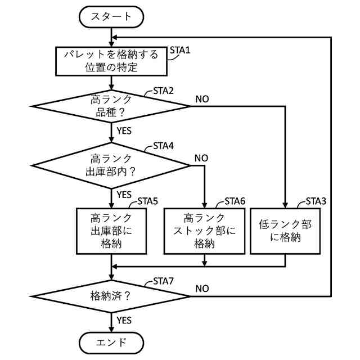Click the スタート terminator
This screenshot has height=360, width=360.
tap(111, 17)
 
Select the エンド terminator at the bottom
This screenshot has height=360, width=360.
tap(111, 343)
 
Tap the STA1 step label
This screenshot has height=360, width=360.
tap(180, 50)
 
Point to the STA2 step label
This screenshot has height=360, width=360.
tap(163, 91)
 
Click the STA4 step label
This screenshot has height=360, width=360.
tap(163, 146)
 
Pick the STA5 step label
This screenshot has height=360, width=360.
tap(147, 201)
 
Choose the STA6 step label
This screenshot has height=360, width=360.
tap(235, 201)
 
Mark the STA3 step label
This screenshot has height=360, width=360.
tap(316, 201)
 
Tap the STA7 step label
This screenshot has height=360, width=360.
tap(163, 281)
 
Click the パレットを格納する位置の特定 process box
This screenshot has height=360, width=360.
tap(111, 61)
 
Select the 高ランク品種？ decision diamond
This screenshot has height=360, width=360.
tap(111, 106)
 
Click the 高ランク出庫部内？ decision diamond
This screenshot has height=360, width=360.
tap(111, 165)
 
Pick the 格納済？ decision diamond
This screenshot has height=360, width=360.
tap(111, 296)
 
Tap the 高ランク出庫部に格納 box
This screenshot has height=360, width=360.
tap(111, 231)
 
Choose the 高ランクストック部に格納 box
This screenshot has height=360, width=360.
tap(205, 231)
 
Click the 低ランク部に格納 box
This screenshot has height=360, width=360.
tap(285, 231)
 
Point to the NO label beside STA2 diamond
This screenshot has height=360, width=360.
tap(202, 99)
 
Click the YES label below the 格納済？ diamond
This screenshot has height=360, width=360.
tap(124, 320)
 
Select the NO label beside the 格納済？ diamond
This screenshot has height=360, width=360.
tap(202, 289)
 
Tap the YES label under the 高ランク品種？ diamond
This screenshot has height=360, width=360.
tap(124, 131)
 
